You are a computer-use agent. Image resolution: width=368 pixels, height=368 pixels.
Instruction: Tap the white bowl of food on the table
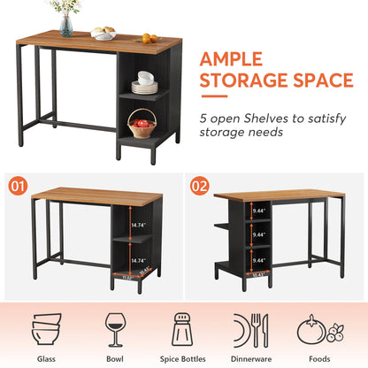(105, 34)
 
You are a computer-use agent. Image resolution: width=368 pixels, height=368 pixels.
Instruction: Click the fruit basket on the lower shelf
(141, 125)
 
